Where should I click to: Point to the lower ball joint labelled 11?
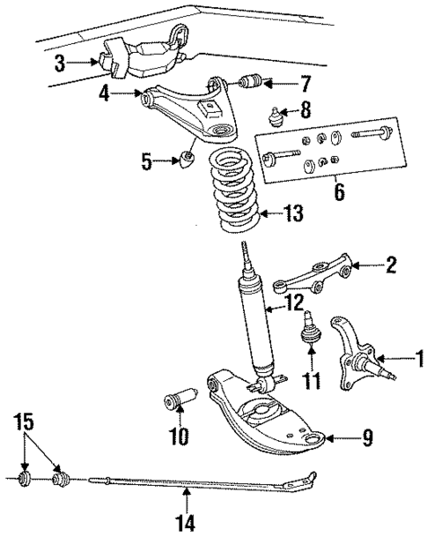(311, 330)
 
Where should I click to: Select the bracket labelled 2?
(313, 278)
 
